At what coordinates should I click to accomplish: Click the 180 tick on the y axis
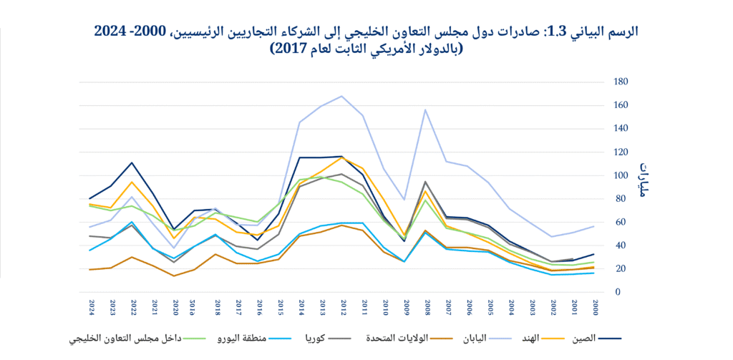pyautogui.click(x=620, y=82)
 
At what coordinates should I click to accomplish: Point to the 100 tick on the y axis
pyautogui.click(x=620, y=175)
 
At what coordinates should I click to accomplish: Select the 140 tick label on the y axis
pyautogui.click(x=620, y=129)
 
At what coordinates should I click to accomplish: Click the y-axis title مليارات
pyautogui.click(x=641, y=179)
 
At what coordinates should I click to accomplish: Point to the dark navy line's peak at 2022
pyautogui.click(x=132, y=162)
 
